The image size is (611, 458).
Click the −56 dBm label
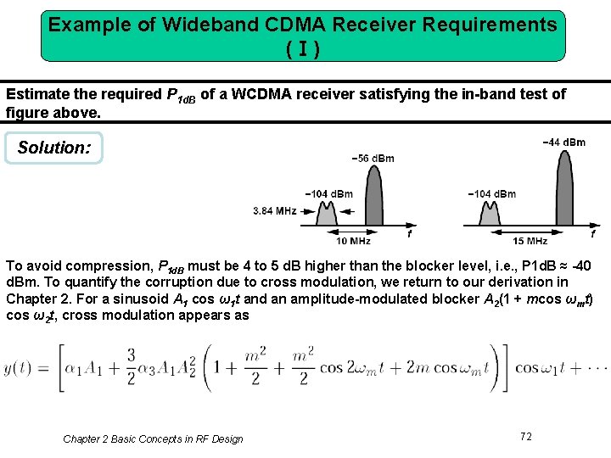coord(373,158)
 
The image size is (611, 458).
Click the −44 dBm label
coord(563,142)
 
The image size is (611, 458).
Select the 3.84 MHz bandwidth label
coord(274,210)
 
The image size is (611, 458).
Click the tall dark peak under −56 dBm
coord(373,196)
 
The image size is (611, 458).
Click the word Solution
coord(53,148)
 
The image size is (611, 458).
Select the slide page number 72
coord(526,436)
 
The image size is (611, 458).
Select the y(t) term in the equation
coord(21,367)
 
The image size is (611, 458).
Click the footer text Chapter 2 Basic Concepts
coord(153,438)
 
